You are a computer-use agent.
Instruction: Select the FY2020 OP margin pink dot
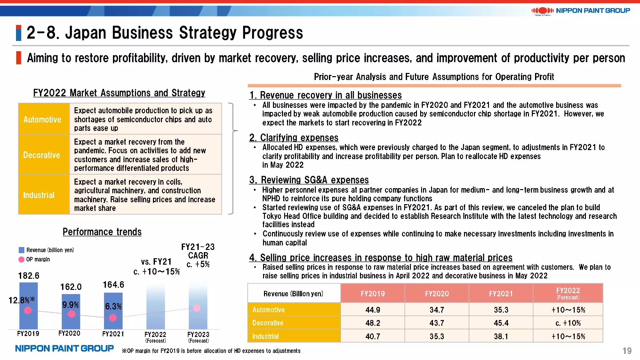point(72,314)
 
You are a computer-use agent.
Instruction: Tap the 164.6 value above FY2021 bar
point(113,284)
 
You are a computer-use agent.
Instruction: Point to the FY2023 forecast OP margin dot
point(197,308)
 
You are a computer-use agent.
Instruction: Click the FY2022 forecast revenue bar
point(156,307)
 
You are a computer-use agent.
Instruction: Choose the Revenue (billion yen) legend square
point(21,250)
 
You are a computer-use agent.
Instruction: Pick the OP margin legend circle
point(21,260)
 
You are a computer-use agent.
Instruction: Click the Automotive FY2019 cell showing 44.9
point(373,310)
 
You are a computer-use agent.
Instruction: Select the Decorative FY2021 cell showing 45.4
point(501,323)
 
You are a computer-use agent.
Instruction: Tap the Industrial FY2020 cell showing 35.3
point(437,336)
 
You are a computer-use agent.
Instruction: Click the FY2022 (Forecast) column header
point(568,293)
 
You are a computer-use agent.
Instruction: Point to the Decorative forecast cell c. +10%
point(568,323)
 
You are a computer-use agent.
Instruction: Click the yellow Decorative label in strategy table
point(42,155)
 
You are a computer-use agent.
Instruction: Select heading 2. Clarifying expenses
point(294,138)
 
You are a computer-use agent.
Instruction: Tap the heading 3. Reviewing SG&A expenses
point(309,180)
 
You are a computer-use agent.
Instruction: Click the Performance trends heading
point(102,232)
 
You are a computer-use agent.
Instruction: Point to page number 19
point(627,351)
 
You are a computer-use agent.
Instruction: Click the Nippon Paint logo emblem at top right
point(542,11)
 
